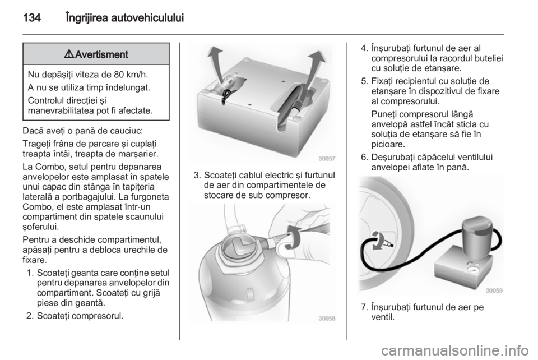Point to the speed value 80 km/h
130,75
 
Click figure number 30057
327,159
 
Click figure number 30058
327,318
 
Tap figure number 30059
494,290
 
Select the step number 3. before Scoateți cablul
197,176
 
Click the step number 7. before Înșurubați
364,307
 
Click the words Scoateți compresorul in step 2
80,315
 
